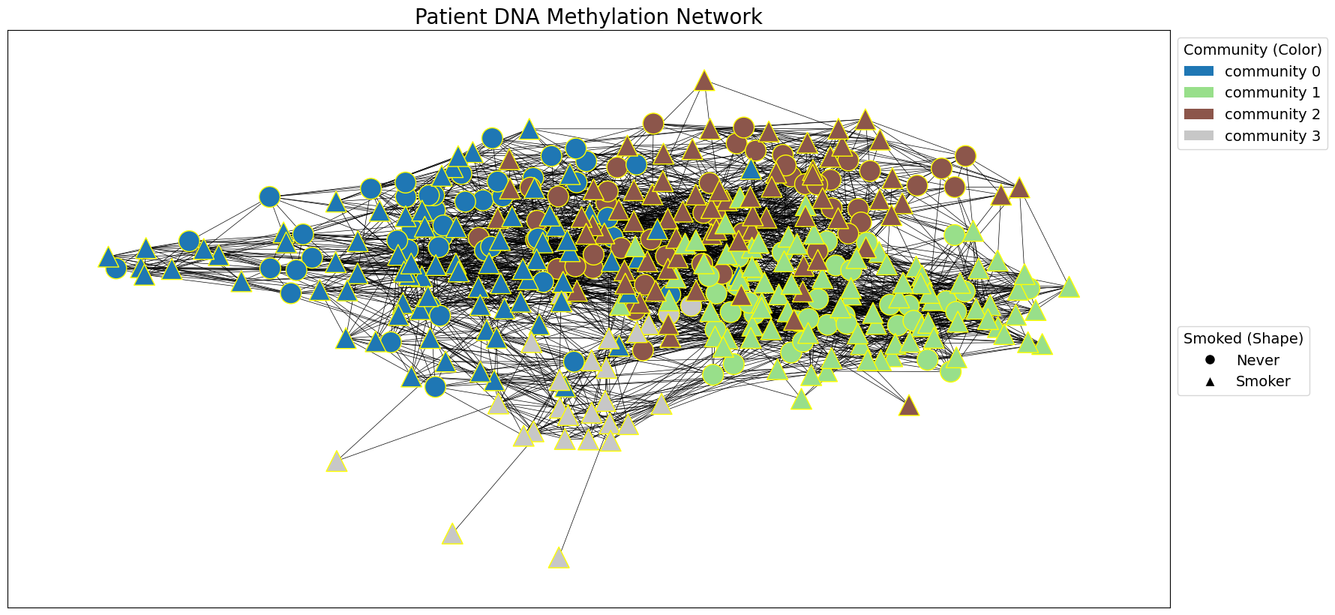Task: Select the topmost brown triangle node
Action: click(x=703, y=81)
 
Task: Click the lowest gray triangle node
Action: click(x=559, y=559)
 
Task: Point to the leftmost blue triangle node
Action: click(x=108, y=258)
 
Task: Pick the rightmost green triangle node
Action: click(x=1069, y=287)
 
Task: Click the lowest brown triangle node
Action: click(x=909, y=406)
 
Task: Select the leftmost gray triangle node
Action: click(x=337, y=462)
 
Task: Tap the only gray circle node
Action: click(x=691, y=305)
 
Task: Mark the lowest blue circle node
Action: click(x=435, y=387)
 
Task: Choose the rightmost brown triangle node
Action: click(x=1018, y=188)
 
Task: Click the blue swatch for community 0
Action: click(x=1198, y=71)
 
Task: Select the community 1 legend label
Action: click(x=1272, y=93)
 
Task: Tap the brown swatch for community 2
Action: click(x=1198, y=114)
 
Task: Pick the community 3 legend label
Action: click(x=1272, y=136)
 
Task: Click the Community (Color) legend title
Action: click(x=1252, y=49)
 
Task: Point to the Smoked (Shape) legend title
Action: click(x=1243, y=338)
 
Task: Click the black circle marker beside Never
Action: click(x=1210, y=360)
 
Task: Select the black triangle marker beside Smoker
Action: click(x=1210, y=382)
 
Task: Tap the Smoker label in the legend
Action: click(x=1263, y=382)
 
